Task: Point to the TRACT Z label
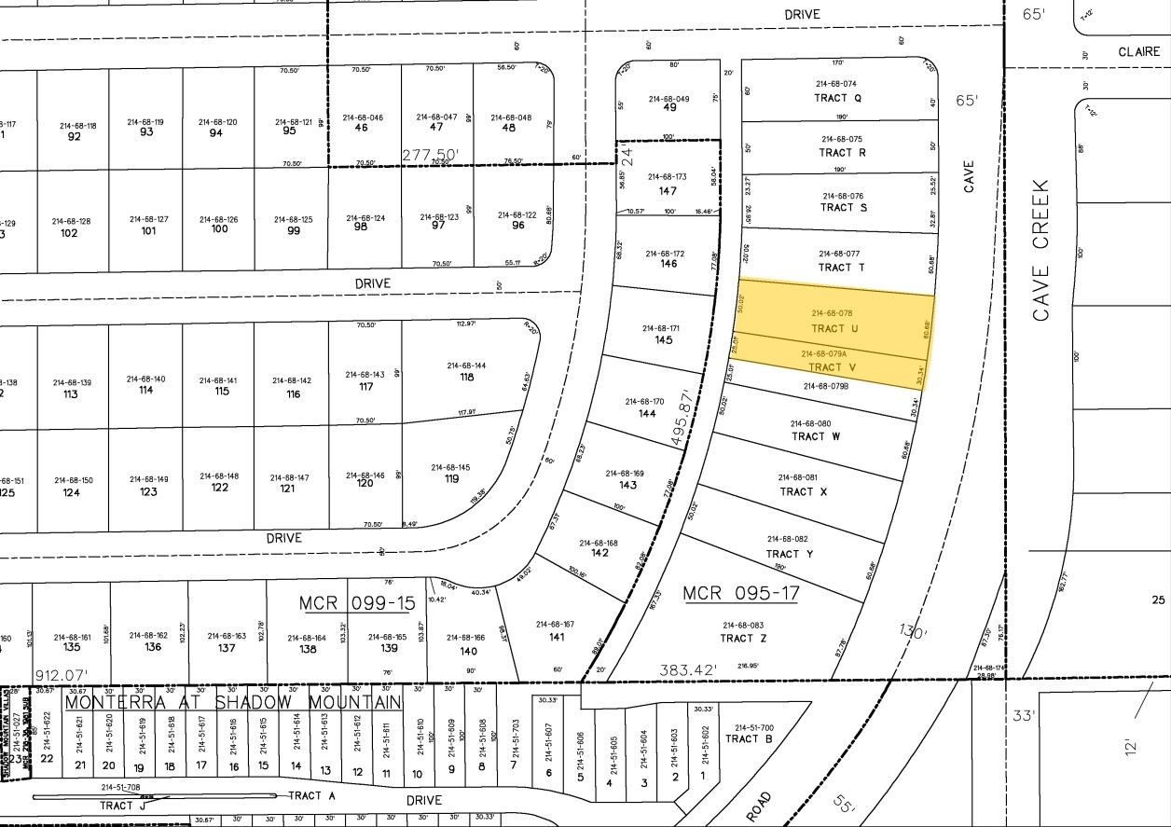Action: pos(743,639)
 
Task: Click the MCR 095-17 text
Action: pos(740,593)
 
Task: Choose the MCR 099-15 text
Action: pos(356,603)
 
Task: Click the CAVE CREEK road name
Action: pos(1040,250)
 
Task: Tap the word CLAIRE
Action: pos(1139,53)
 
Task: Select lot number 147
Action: pos(667,191)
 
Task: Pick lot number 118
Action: pos(466,377)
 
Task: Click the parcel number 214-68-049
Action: pos(669,99)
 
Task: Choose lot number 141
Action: pos(556,638)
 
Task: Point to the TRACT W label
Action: pos(816,436)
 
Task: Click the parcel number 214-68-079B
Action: pos(826,386)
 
